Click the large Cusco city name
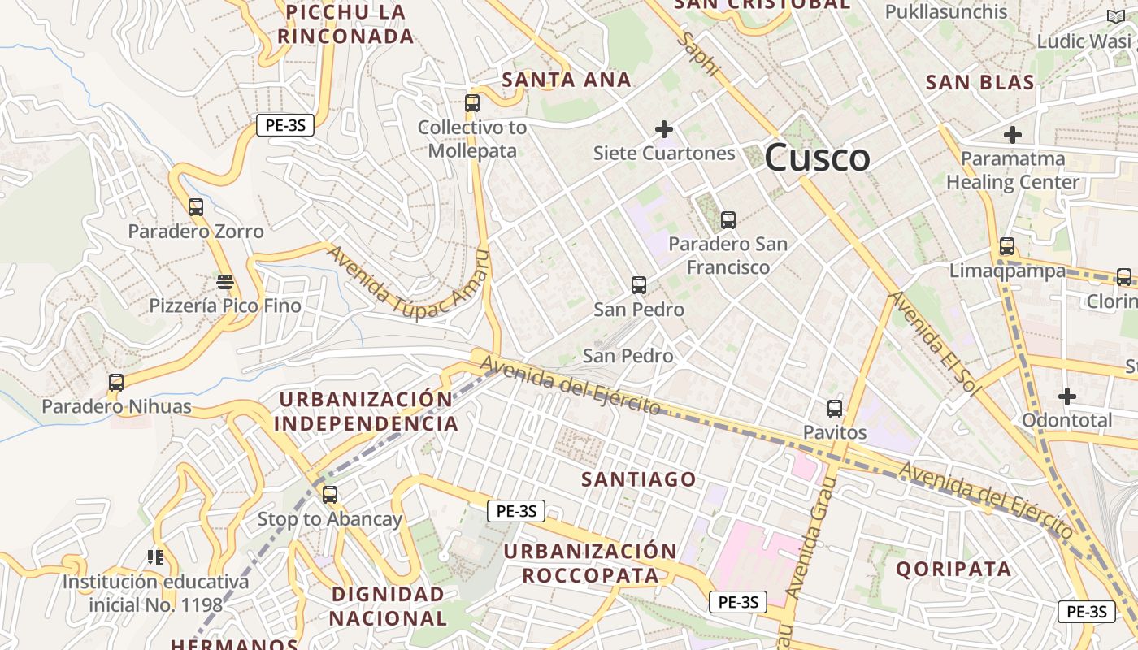point(817,157)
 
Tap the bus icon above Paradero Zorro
point(196,206)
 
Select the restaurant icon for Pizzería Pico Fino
point(225,282)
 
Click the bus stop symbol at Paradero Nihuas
point(116,382)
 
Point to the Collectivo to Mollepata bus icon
point(472,103)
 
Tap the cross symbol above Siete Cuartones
point(664,128)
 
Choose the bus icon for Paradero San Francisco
point(728,219)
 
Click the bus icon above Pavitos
point(835,408)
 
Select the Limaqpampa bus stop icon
point(1007,245)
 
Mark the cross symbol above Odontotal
point(1067,396)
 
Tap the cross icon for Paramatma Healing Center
point(1013,134)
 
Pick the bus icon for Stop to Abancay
point(330,494)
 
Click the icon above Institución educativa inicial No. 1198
point(155,557)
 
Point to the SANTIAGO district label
point(639,479)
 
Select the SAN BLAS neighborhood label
point(980,82)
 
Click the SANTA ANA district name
point(567,80)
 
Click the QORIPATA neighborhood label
point(953,569)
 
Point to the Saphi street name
point(701,55)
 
